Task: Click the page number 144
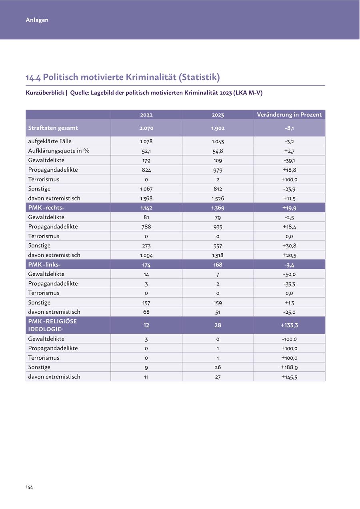tap(29, 487)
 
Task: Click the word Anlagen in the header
tap(37, 20)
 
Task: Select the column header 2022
tap(146, 115)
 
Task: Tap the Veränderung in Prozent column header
tap(289, 115)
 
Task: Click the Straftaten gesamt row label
tap(53, 128)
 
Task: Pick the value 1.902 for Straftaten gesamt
tap(218, 128)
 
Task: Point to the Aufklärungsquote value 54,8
tap(218, 151)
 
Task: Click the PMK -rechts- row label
tap(46, 208)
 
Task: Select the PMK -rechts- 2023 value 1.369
tap(218, 208)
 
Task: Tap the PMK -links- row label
tap(44, 265)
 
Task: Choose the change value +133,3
tap(289, 325)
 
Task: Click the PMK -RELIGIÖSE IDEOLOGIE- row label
tap(52, 325)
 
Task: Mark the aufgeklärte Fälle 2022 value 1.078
tap(146, 141)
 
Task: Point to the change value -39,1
tap(289, 160)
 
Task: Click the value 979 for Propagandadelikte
tap(218, 170)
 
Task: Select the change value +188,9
tap(289, 367)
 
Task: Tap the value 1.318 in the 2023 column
tap(218, 255)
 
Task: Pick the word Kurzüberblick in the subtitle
tap(45, 93)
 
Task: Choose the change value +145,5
tap(289, 377)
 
